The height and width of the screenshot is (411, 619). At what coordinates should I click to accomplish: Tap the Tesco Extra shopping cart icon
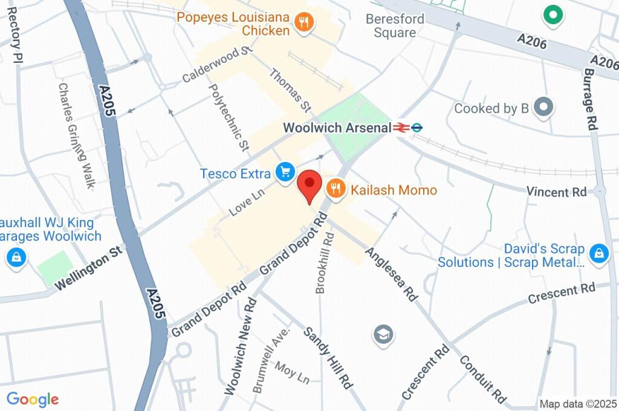[x=285, y=172]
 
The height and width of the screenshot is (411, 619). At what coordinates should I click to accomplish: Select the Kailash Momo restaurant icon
[x=335, y=189]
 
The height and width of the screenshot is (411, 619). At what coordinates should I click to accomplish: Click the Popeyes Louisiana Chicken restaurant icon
[x=304, y=23]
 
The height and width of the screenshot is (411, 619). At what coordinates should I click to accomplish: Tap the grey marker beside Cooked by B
[x=545, y=108]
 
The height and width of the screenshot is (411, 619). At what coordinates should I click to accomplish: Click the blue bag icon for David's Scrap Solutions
[x=598, y=254]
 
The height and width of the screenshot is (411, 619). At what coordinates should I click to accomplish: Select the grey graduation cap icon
[x=383, y=334]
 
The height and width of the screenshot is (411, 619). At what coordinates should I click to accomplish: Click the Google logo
[x=33, y=399]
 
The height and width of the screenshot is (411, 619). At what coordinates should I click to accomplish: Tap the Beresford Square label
[x=395, y=25]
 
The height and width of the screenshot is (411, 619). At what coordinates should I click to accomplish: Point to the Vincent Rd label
[x=556, y=192]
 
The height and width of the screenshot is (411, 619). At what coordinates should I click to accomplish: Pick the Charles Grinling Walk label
[x=76, y=135]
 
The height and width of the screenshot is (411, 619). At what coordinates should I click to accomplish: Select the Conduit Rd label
[x=482, y=378]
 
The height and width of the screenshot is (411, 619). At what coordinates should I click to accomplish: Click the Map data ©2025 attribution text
[x=578, y=403]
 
